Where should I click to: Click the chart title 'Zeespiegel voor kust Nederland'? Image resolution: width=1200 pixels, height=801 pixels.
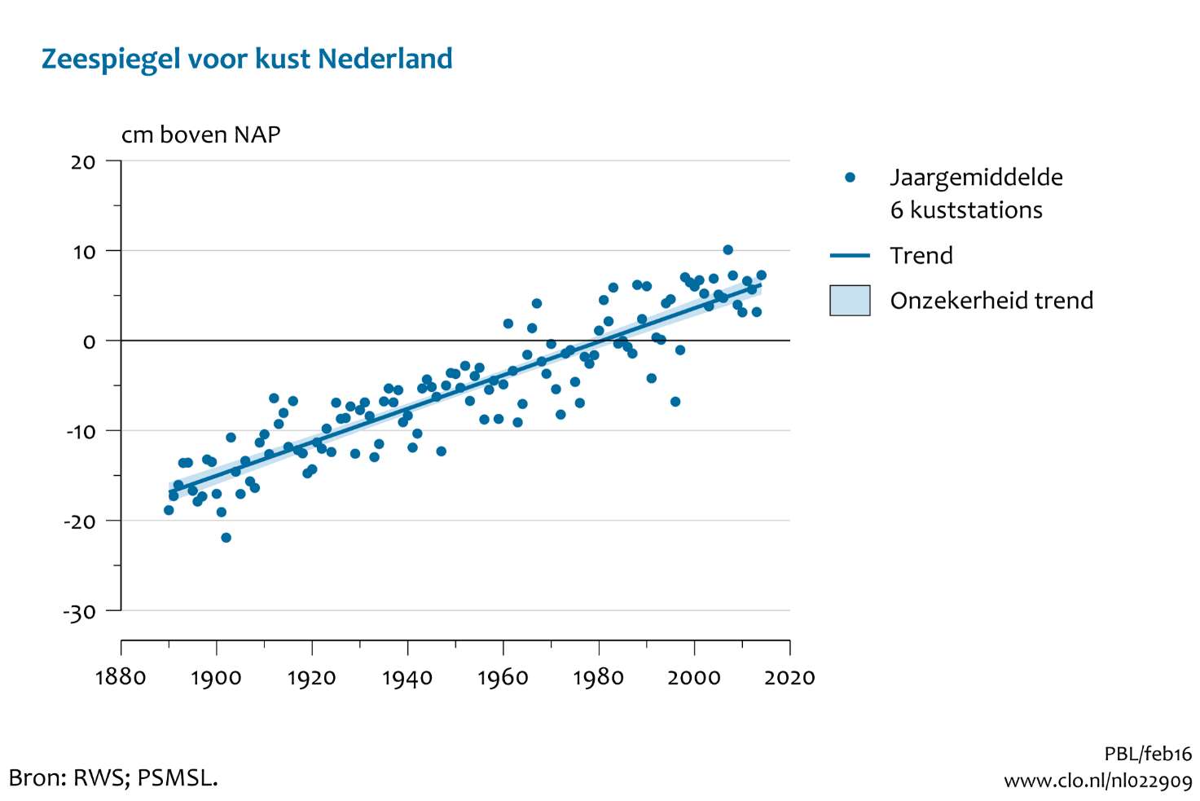[247, 59]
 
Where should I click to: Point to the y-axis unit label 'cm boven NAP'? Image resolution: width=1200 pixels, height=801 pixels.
[200, 134]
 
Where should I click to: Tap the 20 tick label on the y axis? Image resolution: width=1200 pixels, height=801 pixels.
[83, 162]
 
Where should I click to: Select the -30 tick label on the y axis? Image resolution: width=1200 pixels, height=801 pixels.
[79, 611]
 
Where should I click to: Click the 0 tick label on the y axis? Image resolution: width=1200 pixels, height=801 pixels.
[89, 341]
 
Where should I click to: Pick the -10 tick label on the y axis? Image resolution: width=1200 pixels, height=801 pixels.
[81, 431]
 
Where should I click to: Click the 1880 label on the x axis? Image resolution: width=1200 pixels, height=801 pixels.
[121, 678]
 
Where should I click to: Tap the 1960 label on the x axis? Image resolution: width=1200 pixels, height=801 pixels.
[503, 678]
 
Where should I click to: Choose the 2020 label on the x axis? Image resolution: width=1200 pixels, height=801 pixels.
[789, 678]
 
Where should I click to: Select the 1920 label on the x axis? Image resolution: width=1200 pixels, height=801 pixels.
[311, 678]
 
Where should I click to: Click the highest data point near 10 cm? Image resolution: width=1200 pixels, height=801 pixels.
[727, 250]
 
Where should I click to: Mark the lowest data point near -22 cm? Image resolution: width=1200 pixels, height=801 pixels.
[226, 538]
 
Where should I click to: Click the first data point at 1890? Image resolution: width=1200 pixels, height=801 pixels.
[169, 510]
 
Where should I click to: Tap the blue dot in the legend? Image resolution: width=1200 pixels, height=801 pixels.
[850, 178]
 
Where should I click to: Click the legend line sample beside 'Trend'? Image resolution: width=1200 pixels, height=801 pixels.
[850, 256]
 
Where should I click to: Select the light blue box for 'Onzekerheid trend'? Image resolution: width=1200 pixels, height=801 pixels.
[850, 301]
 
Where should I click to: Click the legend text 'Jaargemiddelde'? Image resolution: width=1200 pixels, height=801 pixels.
[976, 178]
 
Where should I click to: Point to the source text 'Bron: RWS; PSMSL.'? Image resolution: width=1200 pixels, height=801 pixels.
[113, 777]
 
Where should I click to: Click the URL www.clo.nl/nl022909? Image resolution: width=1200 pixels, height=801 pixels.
[1097, 781]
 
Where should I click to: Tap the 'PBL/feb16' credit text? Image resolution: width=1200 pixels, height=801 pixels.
[1147, 754]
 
